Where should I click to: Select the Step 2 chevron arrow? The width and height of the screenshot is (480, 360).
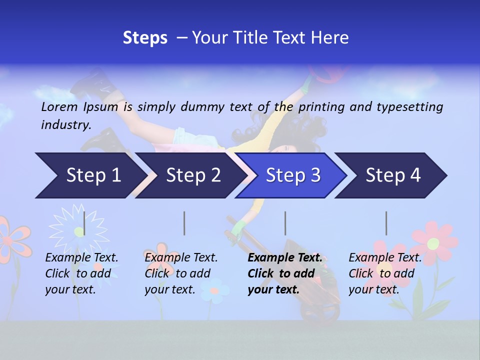coord(193,175)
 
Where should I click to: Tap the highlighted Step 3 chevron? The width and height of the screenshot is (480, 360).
coord(293,175)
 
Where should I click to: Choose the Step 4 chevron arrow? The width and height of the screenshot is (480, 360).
coord(393,175)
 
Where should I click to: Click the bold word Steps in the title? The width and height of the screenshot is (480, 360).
coord(145,38)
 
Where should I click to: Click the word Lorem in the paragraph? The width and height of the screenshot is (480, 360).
coord(59,107)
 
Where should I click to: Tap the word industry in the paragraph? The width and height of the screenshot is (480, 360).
coord(66,124)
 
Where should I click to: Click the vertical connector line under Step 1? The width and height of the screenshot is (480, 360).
coord(84,223)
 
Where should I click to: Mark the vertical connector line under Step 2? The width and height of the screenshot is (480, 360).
coord(184,223)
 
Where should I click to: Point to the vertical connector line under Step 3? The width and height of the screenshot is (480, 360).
coord(285,223)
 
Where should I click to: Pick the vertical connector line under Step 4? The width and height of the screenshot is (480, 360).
coord(386,223)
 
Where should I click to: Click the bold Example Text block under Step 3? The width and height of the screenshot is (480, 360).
coord(285,273)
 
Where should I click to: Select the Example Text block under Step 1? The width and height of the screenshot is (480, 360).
coord(81,273)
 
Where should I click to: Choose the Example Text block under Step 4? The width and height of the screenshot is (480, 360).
coord(385,273)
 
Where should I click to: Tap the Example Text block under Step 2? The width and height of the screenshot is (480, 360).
coord(181,273)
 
